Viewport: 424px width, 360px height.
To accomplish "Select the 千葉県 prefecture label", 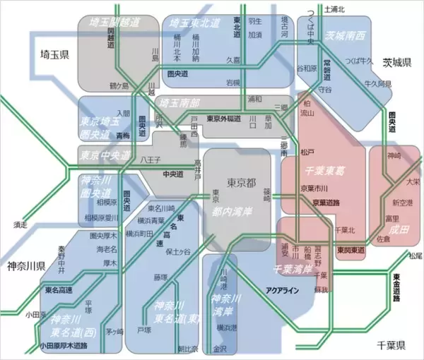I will click(x=390, y=345).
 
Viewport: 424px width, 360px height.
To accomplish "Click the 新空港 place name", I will click(x=401, y=203).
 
